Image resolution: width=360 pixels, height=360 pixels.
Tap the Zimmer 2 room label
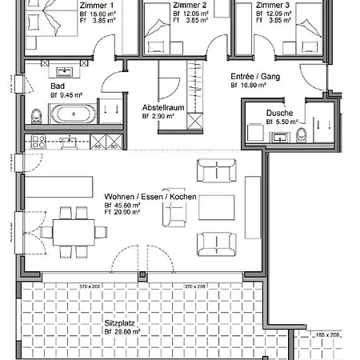click(190, 5)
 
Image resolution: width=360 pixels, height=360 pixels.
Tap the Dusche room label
click(279, 114)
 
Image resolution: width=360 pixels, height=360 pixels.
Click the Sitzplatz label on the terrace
click(118, 324)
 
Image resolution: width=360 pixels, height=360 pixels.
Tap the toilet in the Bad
click(36, 118)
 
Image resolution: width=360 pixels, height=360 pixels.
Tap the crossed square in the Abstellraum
click(194, 120)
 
